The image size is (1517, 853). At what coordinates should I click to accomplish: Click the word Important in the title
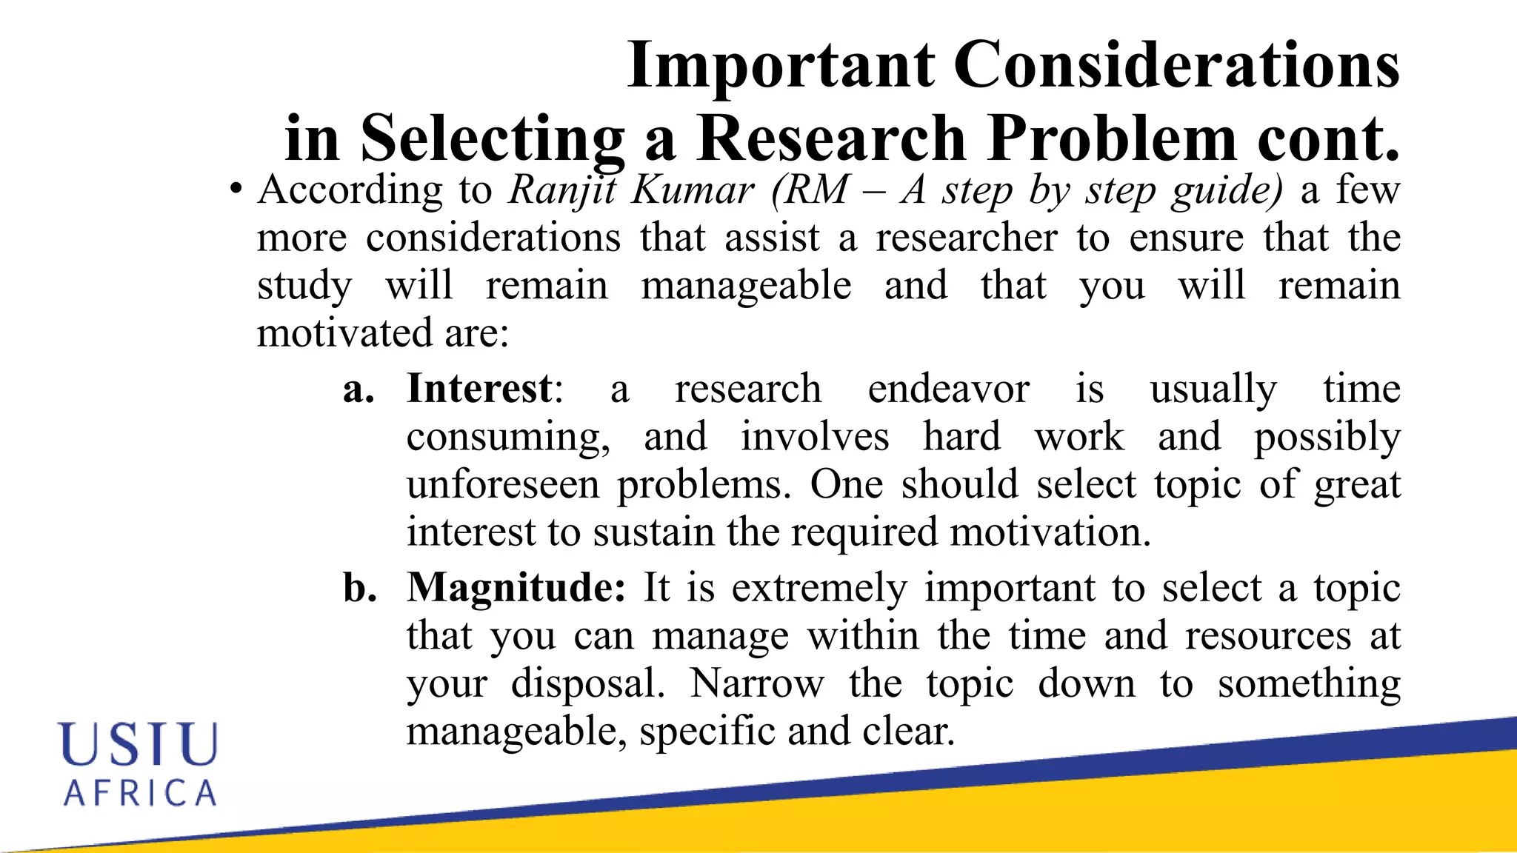pyautogui.click(x=781, y=67)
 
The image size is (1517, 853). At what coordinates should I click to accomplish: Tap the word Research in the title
pyautogui.click(x=830, y=138)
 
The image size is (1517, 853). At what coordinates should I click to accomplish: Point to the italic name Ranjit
pyautogui.click(x=562, y=190)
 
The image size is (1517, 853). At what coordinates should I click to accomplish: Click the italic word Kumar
pyautogui.click(x=692, y=190)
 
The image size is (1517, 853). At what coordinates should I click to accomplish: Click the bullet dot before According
pyautogui.click(x=235, y=190)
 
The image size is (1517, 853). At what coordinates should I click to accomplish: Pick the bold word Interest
pyautogui.click(x=479, y=389)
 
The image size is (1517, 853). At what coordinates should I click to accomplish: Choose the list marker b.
pyautogui.click(x=360, y=588)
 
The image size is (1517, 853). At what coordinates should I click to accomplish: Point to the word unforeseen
pyautogui.click(x=503, y=486)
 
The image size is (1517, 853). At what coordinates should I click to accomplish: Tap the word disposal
pyautogui.click(x=587, y=683)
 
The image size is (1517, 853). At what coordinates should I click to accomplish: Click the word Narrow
pyautogui.click(x=756, y=683)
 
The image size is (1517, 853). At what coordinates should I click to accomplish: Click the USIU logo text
pyautogui.click(x=139, y=743)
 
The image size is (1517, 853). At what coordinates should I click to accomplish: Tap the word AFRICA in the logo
pyautogui.click(x=140, y=793)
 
